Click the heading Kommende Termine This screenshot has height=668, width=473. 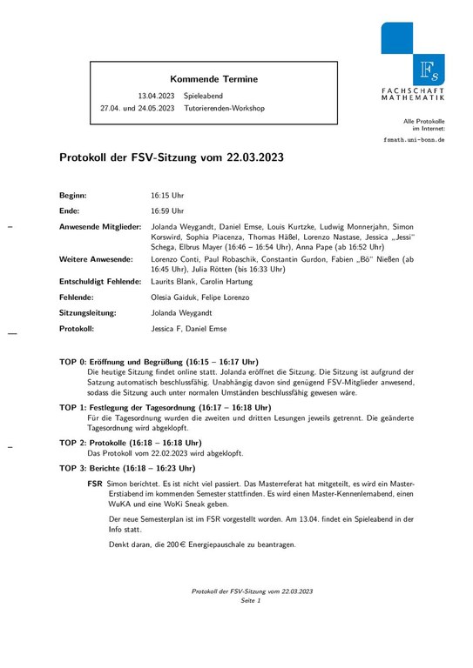pos(213,79)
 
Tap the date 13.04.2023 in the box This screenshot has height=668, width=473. pos(156,95)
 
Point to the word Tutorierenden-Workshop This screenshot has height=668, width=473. pos(224,109)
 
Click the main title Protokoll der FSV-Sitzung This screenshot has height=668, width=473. pos(171,159)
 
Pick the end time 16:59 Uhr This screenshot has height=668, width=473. pos(167,210)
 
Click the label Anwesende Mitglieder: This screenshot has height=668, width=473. pos(99,226)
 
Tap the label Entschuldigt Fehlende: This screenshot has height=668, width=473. pos(99,282)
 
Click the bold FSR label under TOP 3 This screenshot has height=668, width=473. pos(95,482)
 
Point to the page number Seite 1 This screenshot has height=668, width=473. pos(252,600)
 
